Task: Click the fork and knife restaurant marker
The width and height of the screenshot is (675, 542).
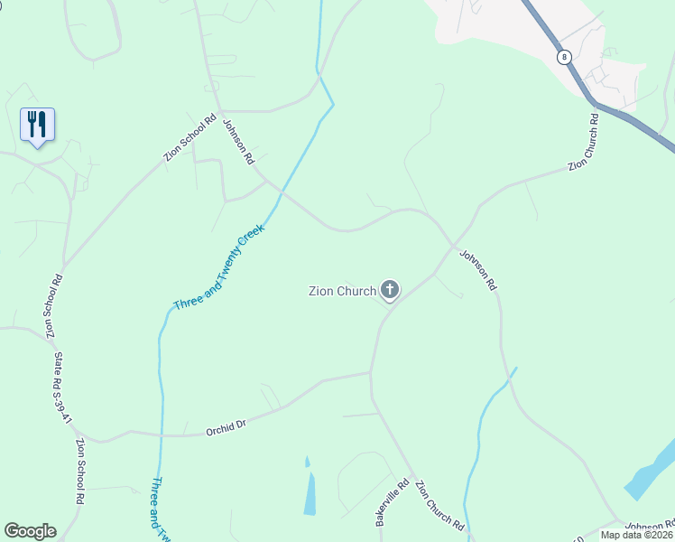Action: click(37, 124)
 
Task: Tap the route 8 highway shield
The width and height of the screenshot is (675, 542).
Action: click(565, 56)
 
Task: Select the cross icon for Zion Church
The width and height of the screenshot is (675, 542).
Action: click(390, 290)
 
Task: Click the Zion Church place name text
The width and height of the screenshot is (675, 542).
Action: click(342, 291)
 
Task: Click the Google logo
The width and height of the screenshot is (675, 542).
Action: click(30, 530)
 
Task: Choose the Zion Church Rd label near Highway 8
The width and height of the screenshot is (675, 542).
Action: click(584, 143)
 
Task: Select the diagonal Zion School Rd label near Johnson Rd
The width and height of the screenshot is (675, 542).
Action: click(190, 137)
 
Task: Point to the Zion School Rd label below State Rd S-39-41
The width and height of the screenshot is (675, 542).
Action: click(80, 471)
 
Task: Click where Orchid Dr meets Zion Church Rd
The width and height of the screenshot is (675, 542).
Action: click(371, 371)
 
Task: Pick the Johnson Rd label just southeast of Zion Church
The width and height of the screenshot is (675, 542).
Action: click(477, 269)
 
